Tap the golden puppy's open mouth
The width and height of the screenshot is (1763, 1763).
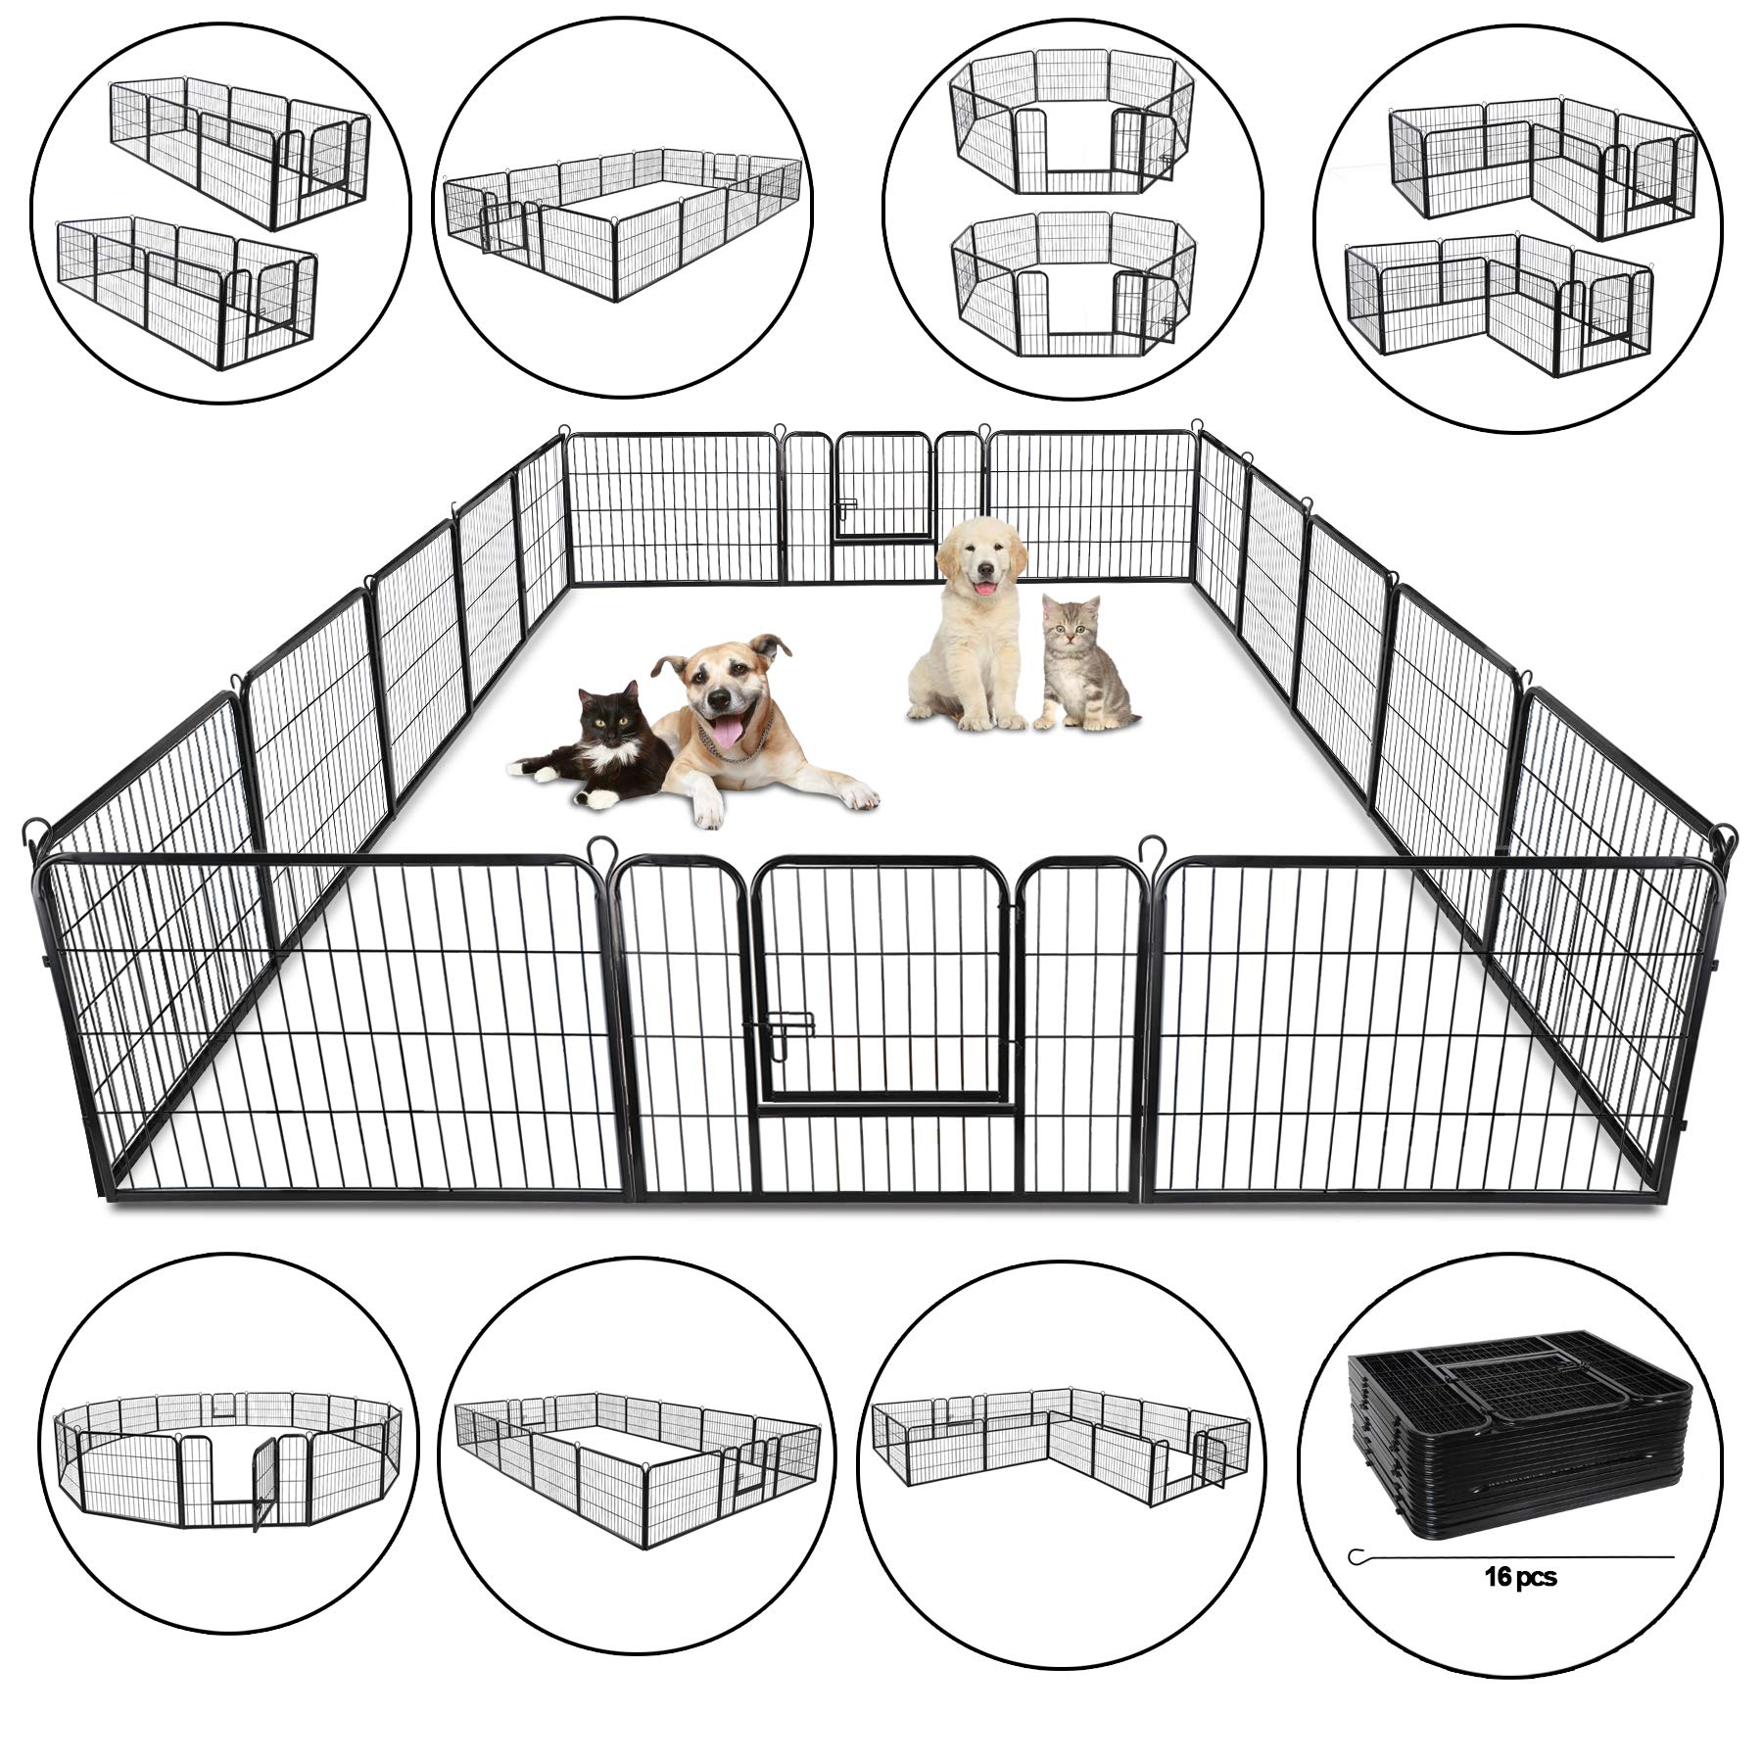click(981, 590)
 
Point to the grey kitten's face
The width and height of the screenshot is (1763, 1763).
click(1070, 623)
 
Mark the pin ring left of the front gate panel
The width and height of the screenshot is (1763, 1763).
click(598, 845)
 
